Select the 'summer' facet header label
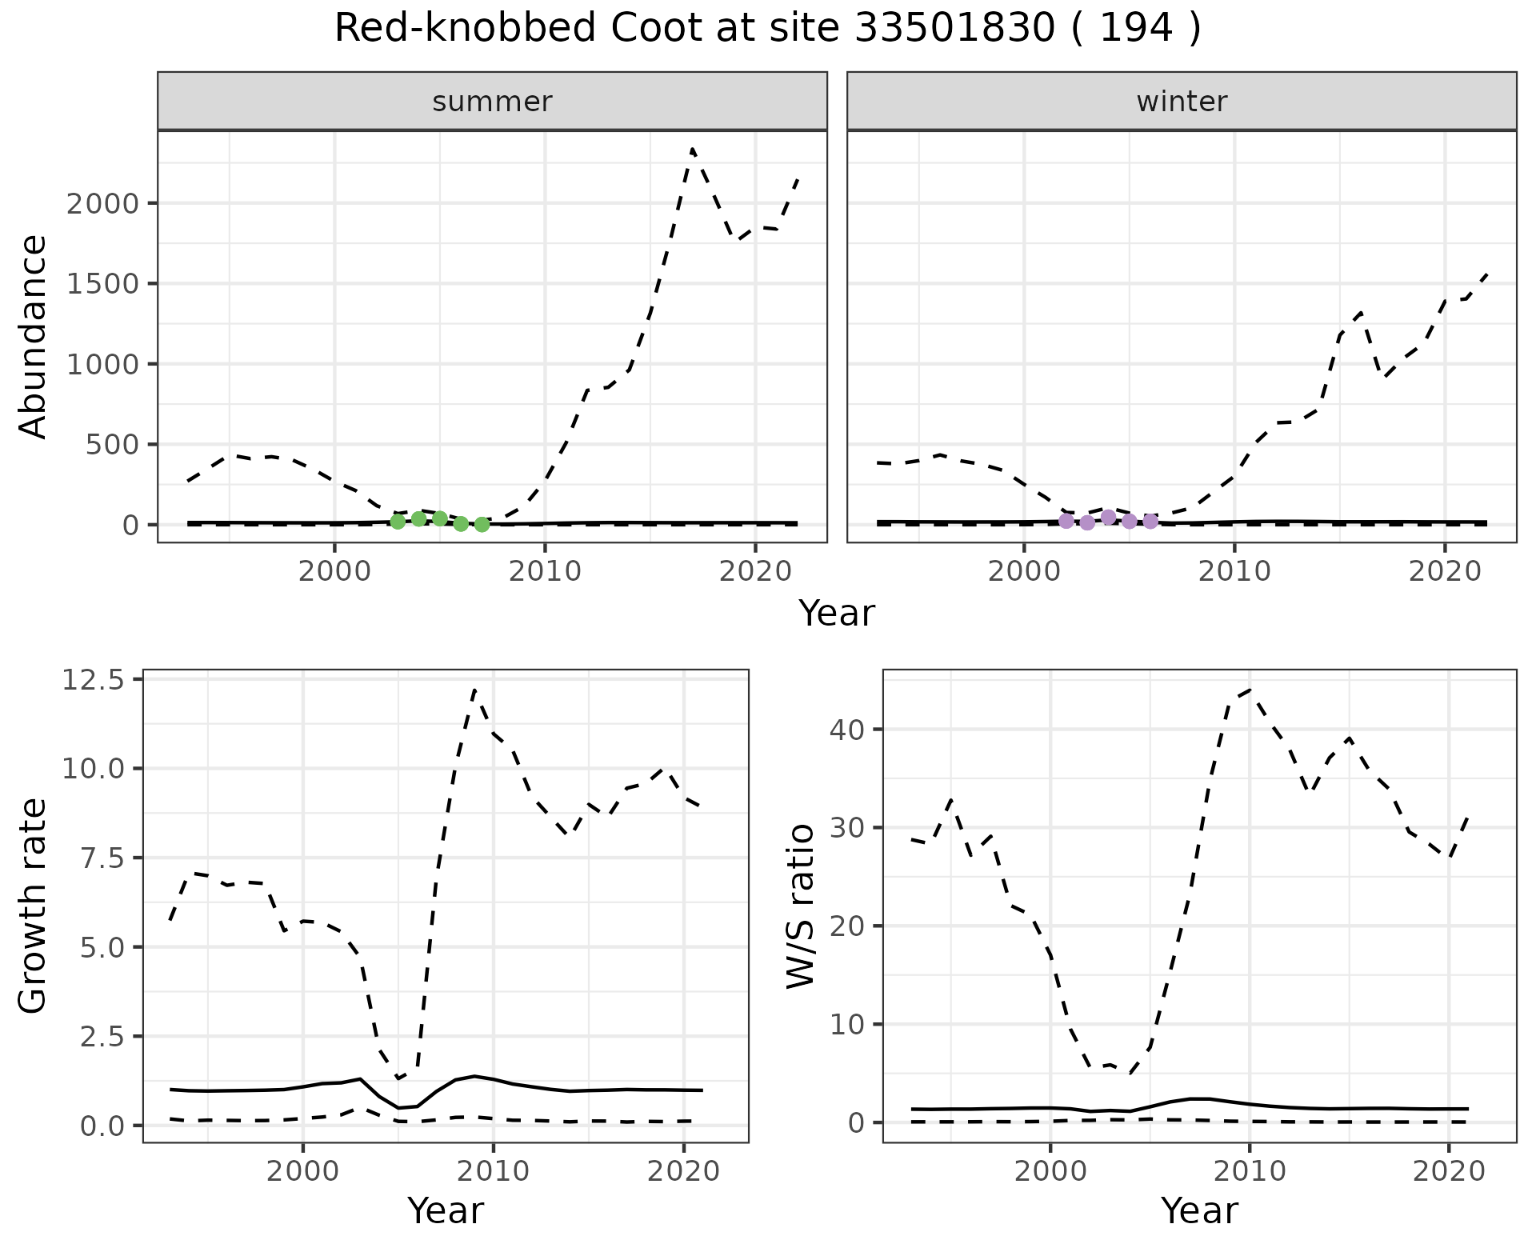(x=492, y=102)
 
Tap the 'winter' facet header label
(x=1182, y=102)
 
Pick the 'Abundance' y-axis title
(x=34, y=336)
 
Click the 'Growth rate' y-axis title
(x=34, y=906)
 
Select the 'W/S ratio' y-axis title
(x=800, y=906)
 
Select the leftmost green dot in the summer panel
(x=398, y=522)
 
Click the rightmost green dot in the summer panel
(x=482, y=525)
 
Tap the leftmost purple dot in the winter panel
(x=1066, y=521)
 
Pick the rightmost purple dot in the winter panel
(x=1150, y=522)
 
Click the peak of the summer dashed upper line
(x=692, y=149)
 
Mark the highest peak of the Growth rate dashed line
(x=475, y=689)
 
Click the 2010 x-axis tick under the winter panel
(x=1234, y=571)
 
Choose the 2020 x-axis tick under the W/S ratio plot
(x=1449, y=1172)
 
